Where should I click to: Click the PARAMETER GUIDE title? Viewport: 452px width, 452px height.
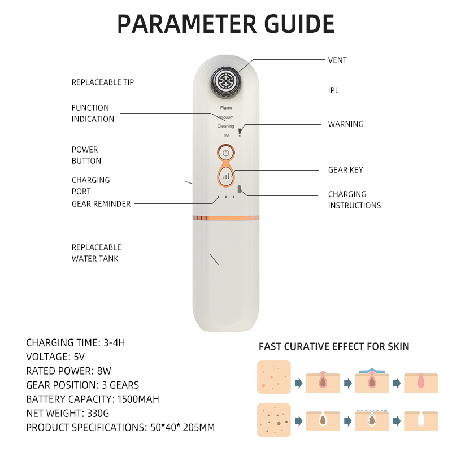(225, 24)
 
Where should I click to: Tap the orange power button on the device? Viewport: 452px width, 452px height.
(225, 153)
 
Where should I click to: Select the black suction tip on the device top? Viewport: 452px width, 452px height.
(226, 80)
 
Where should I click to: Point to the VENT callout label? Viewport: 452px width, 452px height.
(337, 60)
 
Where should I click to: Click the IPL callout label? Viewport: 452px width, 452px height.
(333, 90)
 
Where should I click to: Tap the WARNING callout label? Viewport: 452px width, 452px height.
(346, 124)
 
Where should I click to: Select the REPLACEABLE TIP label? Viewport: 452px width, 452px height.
(103, 82)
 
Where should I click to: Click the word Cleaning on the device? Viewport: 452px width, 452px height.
(225, 127)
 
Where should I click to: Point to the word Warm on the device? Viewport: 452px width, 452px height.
(225, 107)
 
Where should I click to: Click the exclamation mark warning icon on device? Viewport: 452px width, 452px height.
(240, 132)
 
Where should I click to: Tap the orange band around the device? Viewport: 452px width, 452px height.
(226, 218)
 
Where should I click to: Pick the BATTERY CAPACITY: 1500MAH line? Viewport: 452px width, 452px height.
(93, 399)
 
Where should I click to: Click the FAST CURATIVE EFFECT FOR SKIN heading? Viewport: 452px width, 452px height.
(334, 346)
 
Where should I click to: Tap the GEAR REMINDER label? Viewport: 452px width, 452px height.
(101, 204)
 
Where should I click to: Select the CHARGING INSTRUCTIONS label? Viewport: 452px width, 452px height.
(354, 199)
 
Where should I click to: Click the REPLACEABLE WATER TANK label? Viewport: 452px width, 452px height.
(96, 253)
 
